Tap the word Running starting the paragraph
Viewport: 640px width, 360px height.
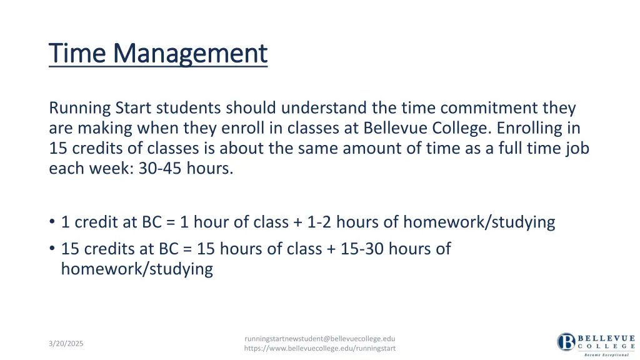[x=79, y=108]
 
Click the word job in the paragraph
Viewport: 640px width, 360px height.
[x=578, y=148]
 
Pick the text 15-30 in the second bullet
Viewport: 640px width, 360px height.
[x=362, y=249]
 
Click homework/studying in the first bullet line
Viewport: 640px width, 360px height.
[x=479, y=222]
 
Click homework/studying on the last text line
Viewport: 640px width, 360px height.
[x=137, y=269]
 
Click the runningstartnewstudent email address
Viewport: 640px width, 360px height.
[x=319, y=338]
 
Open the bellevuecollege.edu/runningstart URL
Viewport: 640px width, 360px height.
[x=319, y=348]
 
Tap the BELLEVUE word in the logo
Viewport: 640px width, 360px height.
[x=606, y=337]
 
